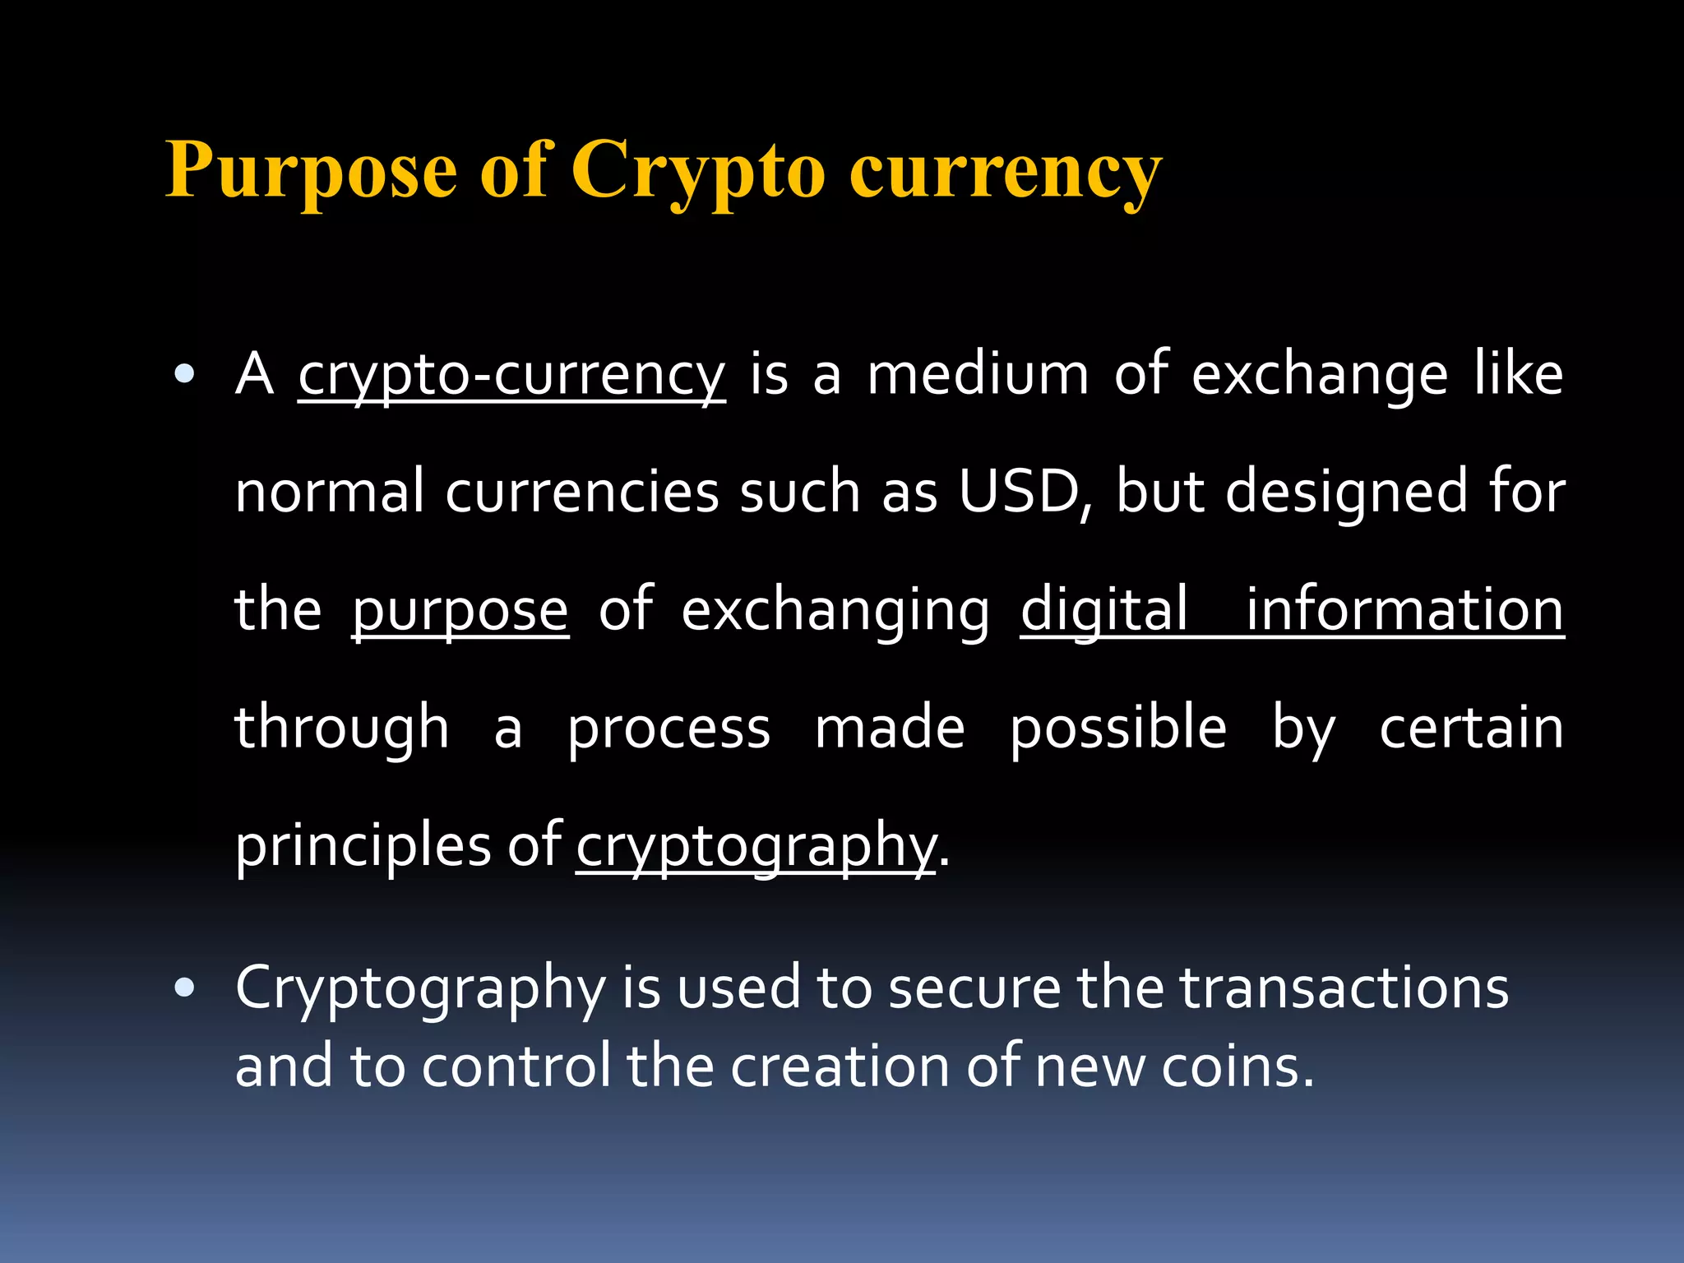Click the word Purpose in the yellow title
pos(311,170)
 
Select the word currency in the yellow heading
pos(1005,170)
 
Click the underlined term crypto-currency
pos(511,376)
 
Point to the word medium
pos(978,376)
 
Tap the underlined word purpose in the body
pos(460,611)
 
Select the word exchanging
pos(835,611)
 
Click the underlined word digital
pos(1104,611)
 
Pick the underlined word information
pos(1404,611)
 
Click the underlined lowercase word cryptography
pos(756,847)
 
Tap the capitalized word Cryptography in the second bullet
pos(420,989)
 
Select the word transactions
pos(1344,988)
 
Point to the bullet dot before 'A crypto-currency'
pos(185,376)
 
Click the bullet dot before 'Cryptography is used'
pos(185,988)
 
